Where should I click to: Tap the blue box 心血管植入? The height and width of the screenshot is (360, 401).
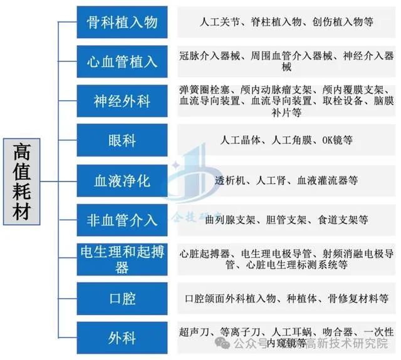coord(122,61)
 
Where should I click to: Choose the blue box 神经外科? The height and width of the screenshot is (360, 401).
coord(122,100)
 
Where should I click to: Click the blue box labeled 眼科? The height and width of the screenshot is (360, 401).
coord(122,140)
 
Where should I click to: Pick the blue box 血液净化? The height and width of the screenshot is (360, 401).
coord(122,181)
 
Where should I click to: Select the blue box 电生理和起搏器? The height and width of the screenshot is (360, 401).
coord(122,259)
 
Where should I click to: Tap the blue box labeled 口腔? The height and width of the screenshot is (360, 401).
coord(122,299)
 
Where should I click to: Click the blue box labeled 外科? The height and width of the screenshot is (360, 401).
coord(122,337)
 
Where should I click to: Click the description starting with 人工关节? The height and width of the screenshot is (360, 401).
coord(286,23)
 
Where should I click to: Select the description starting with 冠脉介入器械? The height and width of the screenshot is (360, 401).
coord(286,61)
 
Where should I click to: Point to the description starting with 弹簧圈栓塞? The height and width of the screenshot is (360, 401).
coord(286,101)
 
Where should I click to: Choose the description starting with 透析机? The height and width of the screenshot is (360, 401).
coord(286,180)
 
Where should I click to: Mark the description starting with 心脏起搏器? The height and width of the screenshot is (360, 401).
coord(286,259)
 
